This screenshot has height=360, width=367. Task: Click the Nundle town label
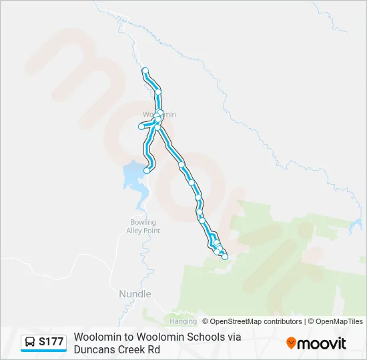135,294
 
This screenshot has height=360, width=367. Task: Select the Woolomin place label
160,114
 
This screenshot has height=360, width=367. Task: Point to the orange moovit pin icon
291,343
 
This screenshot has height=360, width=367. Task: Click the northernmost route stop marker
145,71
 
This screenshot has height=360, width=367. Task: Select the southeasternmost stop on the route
225,257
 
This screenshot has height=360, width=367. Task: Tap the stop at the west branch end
141,127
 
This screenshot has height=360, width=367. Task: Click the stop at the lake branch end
147,171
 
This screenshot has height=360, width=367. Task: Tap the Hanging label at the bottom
183,321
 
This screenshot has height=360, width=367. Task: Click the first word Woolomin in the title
97,337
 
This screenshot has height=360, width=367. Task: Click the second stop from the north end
158,93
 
